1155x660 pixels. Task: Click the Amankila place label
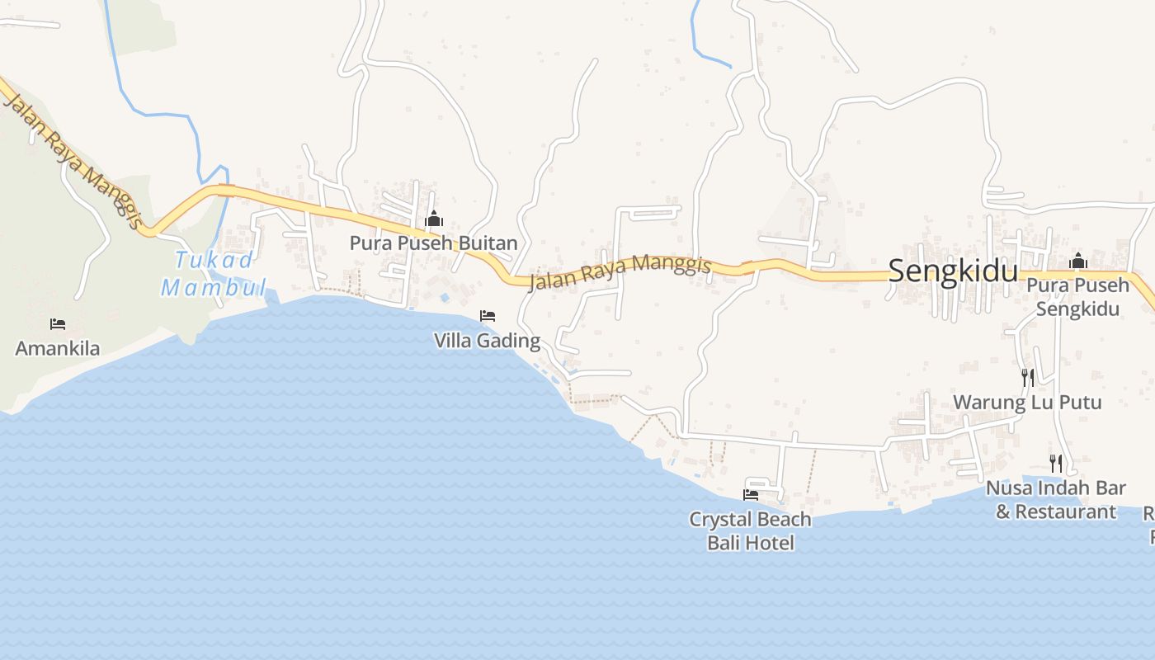(58, 348)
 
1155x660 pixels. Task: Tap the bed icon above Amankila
(57, 324)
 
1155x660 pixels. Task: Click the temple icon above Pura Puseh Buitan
(434, 219)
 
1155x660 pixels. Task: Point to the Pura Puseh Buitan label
(433, 243)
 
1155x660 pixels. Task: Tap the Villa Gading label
(487, 341)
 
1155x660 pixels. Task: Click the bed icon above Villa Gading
(488, 316)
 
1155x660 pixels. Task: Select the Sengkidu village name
(953, 271)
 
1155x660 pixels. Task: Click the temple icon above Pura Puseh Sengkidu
(1077, 262)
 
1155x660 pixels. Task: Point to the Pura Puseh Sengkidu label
(1077, 297)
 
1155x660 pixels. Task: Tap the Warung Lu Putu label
(1027, 403)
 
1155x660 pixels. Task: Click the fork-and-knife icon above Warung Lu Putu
(1028, 378)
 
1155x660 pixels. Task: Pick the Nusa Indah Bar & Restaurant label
(1056, 500)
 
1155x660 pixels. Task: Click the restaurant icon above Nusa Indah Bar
(1055, 464)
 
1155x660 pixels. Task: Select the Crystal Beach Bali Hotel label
(751, 531)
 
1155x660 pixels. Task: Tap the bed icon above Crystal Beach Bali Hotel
(751, 495)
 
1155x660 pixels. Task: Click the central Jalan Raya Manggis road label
(620, 272)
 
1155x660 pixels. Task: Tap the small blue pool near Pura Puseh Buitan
(445, 297)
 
